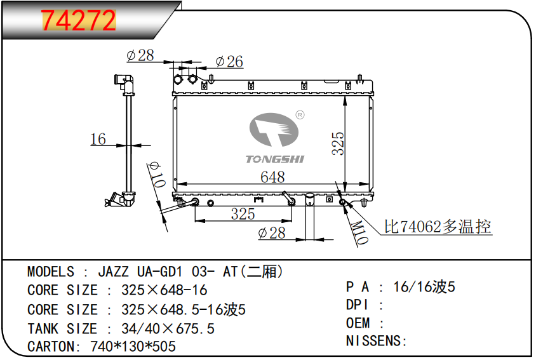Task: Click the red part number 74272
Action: tap(79, 20)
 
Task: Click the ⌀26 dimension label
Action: tap(229, 62)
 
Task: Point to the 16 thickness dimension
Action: tap(98, 139)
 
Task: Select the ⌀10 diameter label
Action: tap(157, 175)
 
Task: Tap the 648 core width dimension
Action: tap(272, 177)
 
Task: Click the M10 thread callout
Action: tap(359, 232)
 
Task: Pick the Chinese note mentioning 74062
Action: tap(438, 226)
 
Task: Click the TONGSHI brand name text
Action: tap(275, 159)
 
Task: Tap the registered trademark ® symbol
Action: tap(300, 115)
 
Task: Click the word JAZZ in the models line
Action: tap(114, 272)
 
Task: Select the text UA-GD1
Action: tap(159, 272)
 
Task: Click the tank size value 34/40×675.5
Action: tap(168, 328)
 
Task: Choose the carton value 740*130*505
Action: tap(133, 346)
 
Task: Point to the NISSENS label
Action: tap(377, 341)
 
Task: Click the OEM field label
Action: tap(358, 323)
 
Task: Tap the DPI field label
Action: tap(357, 305)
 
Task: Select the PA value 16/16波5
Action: tap(424, 287)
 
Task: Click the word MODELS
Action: tap(51, 272)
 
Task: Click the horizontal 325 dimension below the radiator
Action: tap(243, 214)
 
